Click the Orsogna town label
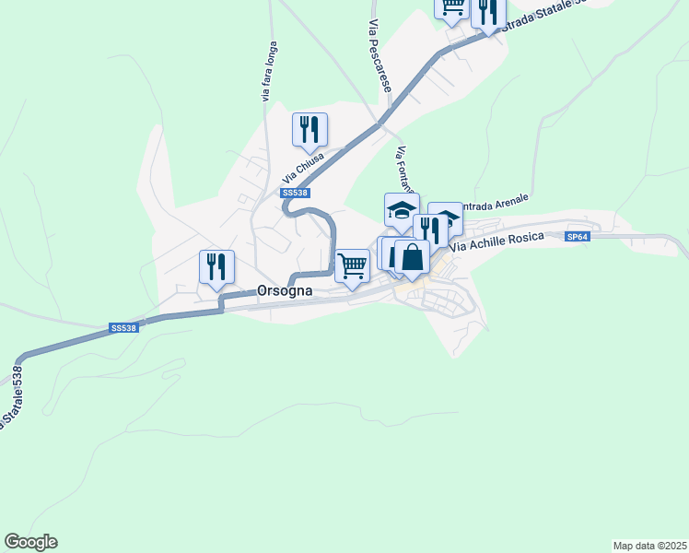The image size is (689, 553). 285,290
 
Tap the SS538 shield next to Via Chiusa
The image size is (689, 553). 295,193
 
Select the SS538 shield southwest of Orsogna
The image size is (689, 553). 123,327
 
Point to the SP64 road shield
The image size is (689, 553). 578,237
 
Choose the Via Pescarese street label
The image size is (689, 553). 378,57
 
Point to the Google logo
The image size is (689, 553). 30,542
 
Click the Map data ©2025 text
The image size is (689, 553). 649,545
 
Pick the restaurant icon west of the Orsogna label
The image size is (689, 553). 216,265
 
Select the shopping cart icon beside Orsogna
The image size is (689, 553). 352,265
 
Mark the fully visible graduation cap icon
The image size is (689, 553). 401,208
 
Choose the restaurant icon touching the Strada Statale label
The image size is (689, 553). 487,10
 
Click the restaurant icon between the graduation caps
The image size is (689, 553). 429,229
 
